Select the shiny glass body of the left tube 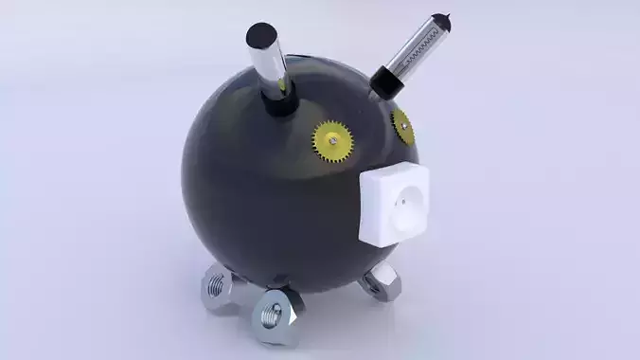click(271, 66)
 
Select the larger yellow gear click(334, 143)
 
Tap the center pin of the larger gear click(334, 143)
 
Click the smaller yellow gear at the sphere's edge click(403, 124)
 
